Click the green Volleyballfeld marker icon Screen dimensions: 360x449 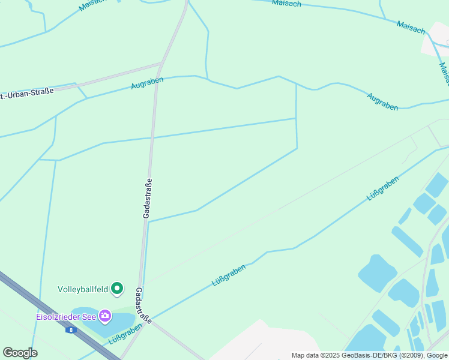(118, 290)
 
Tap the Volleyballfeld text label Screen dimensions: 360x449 (83, 289)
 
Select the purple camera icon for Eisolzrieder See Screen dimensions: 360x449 (105, 315)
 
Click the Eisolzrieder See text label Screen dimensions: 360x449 (65, 316)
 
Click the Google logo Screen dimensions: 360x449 (20, 353)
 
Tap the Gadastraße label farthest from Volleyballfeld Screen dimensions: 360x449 (148, 198)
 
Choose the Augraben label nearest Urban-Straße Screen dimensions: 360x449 (147, 82)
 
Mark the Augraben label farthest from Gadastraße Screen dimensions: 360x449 (382, 101)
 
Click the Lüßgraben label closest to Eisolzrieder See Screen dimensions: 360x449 (124, 334)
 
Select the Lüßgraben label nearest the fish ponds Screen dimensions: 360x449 (382, 188)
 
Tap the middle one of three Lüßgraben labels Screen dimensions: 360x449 (229, 274)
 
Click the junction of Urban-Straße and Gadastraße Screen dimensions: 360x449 (160, 64)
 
